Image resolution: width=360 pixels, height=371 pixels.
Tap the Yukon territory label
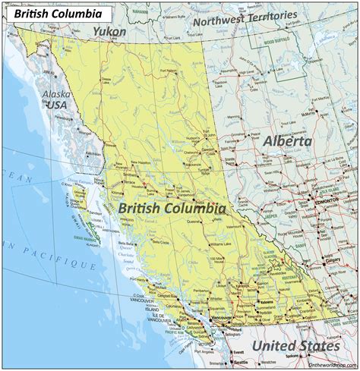tap(109, 30)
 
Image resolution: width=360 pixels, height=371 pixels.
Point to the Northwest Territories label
tap(244, 19)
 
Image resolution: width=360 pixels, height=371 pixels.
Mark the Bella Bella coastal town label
tap(126, 244)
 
